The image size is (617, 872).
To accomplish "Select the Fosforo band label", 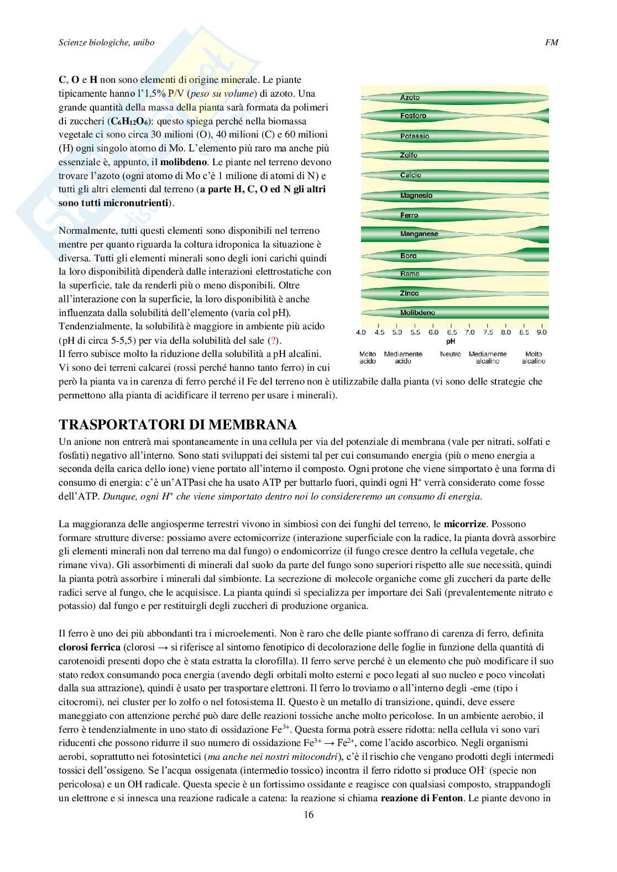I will click(x=413, y=116).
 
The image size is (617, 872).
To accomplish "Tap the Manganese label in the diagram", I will click(x=419, y=234).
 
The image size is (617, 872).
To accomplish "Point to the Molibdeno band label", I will click(x=417, y=313).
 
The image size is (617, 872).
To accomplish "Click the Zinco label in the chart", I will click(x=409, y=293).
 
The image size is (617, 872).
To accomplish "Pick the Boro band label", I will click(x=408, y=256).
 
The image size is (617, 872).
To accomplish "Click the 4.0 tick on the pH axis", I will click(x=361, y=333).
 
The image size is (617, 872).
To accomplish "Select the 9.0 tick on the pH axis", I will click(x=541, y=333).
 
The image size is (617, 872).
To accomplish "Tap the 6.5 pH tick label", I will click(x=451, y=333).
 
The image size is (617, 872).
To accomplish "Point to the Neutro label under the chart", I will click(x=451, y=354).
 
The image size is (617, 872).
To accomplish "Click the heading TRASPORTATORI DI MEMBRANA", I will click(x=177, y=424).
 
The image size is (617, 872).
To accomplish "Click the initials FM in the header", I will click(x=551, y=42).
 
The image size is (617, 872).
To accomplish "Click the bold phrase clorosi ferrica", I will click(x=90, y=647).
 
